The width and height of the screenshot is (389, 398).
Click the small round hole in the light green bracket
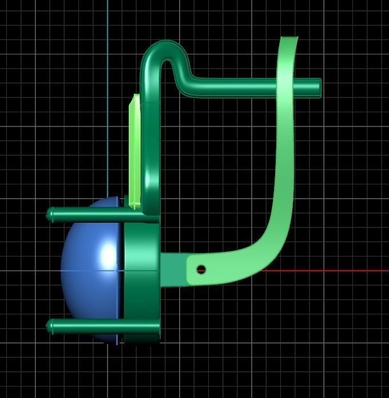[x=201, y=269]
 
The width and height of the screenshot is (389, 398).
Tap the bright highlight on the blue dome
[x=108, y=253]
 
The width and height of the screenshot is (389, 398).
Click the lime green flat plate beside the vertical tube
[x=135, y=149]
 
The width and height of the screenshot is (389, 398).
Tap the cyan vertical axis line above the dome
[x=108, y=86]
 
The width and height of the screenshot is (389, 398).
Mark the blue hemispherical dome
[x=92, y=269]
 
